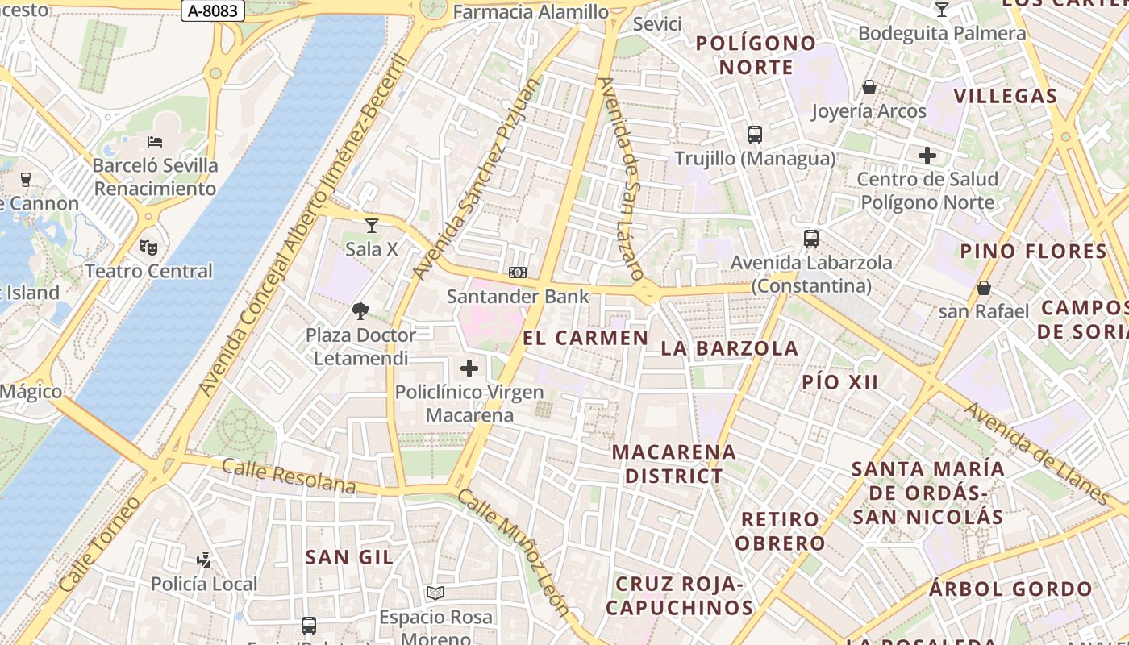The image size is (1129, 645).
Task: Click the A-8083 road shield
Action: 213,10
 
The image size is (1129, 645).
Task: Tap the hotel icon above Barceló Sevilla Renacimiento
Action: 155,142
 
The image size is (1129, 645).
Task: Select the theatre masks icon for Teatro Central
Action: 148,247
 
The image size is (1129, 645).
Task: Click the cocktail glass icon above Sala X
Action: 372,226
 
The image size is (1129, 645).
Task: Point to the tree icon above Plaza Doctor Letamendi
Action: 360,310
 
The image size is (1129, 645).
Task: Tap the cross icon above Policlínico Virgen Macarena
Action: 469,369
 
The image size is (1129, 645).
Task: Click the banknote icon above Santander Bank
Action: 518,273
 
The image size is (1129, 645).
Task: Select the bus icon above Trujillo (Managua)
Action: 755,135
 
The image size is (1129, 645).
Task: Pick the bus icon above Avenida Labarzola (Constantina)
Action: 811,239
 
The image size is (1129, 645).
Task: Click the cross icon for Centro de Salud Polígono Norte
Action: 927,155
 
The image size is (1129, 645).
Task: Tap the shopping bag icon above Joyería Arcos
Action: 869,87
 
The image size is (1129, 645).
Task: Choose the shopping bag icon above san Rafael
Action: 983,288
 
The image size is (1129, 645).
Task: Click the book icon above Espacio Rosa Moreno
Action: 435,593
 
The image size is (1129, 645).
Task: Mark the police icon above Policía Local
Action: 204,560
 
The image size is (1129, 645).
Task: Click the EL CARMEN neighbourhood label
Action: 585,338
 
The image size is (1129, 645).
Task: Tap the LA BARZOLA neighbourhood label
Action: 730,348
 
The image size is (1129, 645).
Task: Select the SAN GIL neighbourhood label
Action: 349,557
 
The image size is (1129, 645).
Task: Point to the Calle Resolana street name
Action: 288,476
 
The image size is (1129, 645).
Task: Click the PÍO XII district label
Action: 839,382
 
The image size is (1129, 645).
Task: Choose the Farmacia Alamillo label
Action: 531,11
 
